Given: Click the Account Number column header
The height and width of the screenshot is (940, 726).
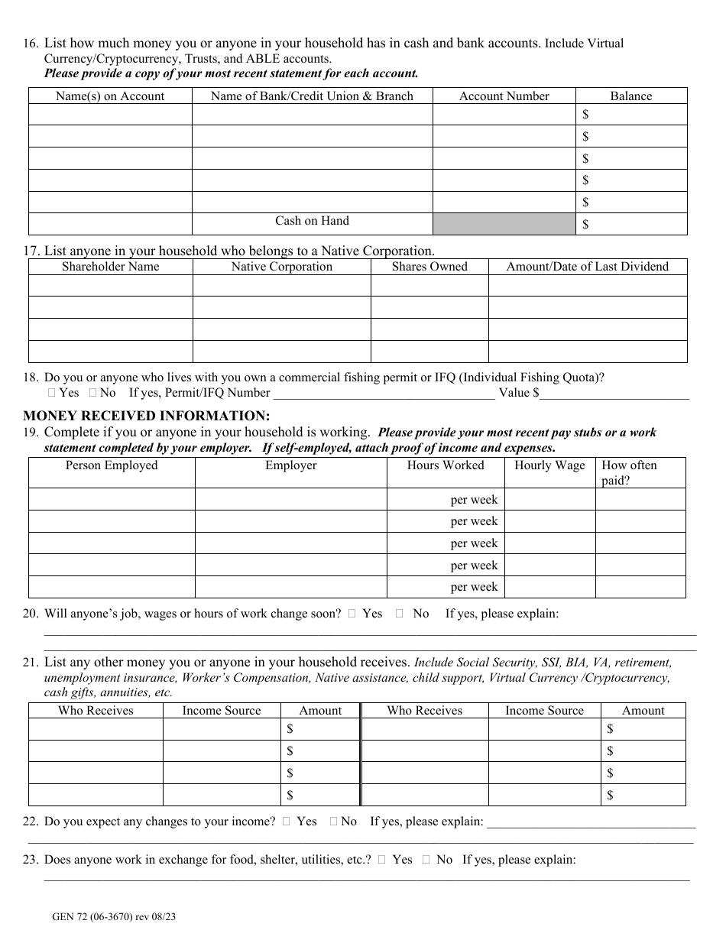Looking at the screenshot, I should (x=504, y=96).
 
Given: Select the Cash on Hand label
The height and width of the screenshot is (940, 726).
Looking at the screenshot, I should (x=312, y=221).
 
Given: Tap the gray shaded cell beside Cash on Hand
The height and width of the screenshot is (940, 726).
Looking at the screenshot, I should (x=504, y=223).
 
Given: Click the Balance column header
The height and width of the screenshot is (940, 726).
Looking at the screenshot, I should (x=630, y=96).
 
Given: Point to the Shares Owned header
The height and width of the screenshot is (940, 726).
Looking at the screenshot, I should (x=429, y=267).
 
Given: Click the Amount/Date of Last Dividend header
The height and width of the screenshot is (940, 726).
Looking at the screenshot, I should (x=587, y=267).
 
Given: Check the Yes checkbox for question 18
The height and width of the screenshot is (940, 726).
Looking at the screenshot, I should (x=51, y=393).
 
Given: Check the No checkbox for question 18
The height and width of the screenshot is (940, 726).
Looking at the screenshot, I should (x=92, y=393).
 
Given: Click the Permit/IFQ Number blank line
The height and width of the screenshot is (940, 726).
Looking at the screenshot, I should (x=384, y=394).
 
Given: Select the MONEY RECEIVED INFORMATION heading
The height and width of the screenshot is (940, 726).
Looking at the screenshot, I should (x=146, y=416).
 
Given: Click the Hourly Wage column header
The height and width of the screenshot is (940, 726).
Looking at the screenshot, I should (x=549, y=465).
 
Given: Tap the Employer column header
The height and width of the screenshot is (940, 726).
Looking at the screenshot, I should (x=290, y=465).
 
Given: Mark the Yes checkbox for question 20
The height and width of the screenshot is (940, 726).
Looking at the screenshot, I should (x=352, y=614).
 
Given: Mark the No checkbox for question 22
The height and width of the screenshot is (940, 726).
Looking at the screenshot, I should (x=334, y=822).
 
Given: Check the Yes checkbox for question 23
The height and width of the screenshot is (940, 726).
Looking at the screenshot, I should (x=381, y=860).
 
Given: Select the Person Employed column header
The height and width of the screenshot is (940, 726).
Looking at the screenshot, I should (x=112, y=465).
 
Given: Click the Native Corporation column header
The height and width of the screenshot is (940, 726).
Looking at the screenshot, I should (x=281, y=267).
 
